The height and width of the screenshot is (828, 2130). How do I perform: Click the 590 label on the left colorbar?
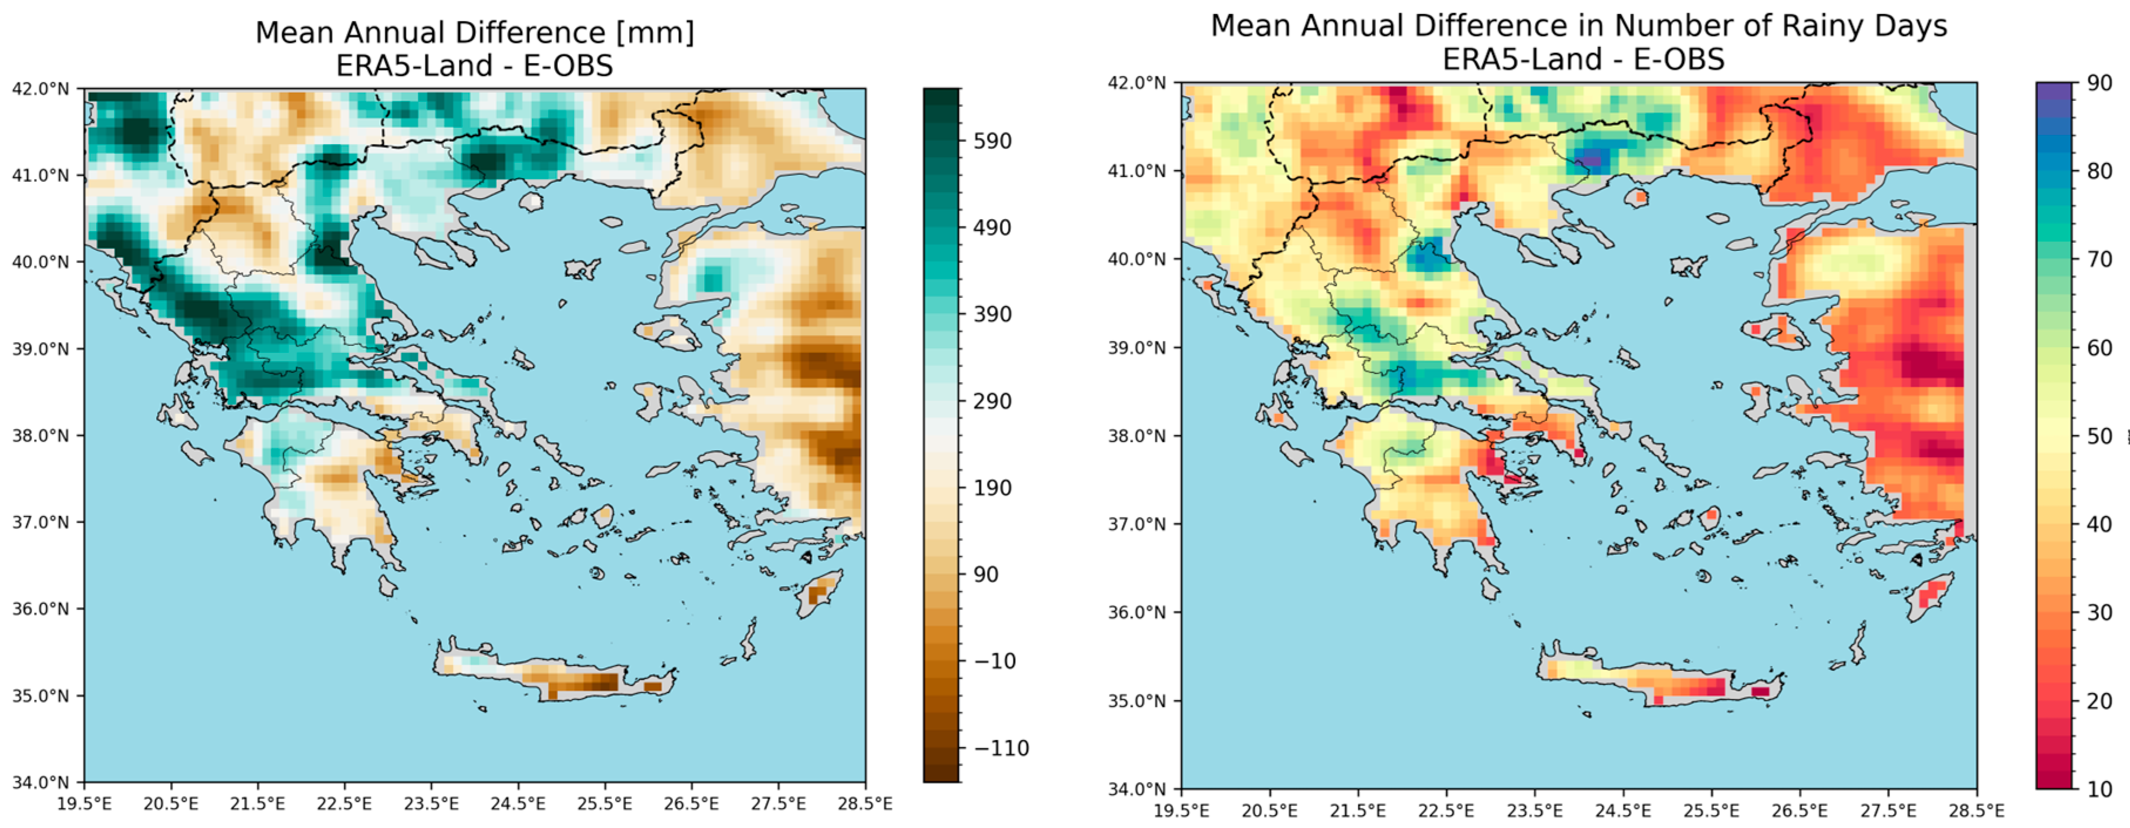click(992, 141)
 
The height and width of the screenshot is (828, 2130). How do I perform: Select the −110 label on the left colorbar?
click(1000, 748)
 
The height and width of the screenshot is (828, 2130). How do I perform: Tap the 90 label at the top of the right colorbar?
click(2099, 83)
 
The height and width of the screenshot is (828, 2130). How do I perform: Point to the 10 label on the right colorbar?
click(2099, 788)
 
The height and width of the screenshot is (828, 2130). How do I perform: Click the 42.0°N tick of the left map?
click(40, 89)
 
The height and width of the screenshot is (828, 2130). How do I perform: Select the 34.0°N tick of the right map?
click(1137, 788)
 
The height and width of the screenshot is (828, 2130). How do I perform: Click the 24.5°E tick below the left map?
click(518, 804)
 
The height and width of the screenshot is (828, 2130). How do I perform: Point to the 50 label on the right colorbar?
click(2099, 436)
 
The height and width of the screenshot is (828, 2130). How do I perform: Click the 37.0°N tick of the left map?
click(40, 522)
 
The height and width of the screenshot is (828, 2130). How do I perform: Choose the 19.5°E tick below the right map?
click(1182, 810)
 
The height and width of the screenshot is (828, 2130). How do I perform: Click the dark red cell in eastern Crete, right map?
click(1760, 691)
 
